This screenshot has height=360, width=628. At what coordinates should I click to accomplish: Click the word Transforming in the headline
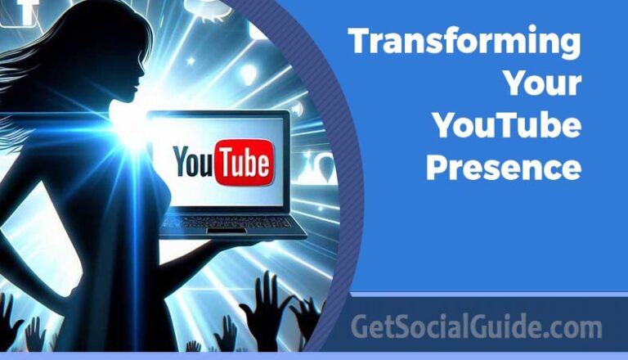point(464,42)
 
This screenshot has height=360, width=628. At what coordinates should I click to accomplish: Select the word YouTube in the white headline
point(507,126)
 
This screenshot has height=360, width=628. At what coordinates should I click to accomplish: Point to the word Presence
point(504,168)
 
